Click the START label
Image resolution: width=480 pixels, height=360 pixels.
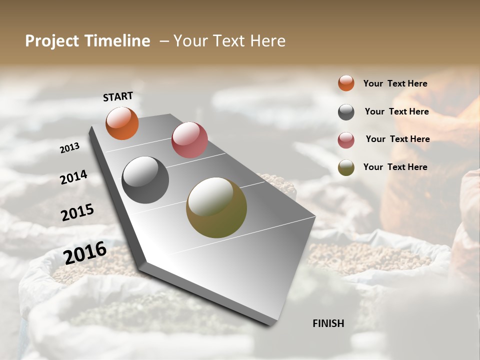click(x=118, y=96)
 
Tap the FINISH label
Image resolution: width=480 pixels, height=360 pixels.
click(x=328, y=323)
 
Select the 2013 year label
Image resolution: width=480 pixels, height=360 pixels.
click(x=70, y=148)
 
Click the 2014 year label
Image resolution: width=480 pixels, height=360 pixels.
click(x=73, y=177)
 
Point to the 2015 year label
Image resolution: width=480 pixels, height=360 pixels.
click(x=77, y=212)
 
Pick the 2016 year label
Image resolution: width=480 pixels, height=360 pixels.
click(x=85, y=252)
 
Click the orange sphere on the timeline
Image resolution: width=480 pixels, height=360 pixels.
click(x=122, y=123)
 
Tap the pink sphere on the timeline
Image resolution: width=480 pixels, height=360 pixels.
click(x=189, y=140)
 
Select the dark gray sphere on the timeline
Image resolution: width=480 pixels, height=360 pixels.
click(x=145, y=180)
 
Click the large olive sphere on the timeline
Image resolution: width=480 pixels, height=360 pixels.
click(x=216, y=207)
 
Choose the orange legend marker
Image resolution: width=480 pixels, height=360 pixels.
click(x=346, y=83)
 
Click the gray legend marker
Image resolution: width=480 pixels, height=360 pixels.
click(x=346, y=112)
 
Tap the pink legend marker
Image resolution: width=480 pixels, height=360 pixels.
click(x=346, y=140)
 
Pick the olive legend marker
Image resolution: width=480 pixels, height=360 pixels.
click(x=346, y=167)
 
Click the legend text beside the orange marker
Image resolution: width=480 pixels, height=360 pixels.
click(x=395, y=83)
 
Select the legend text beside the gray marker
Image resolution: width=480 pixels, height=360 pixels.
click(x=396, y=111)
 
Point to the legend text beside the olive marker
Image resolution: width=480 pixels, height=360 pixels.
click(x=395, y=167)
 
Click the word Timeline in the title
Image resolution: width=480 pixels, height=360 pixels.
click(x=117, y=41)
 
